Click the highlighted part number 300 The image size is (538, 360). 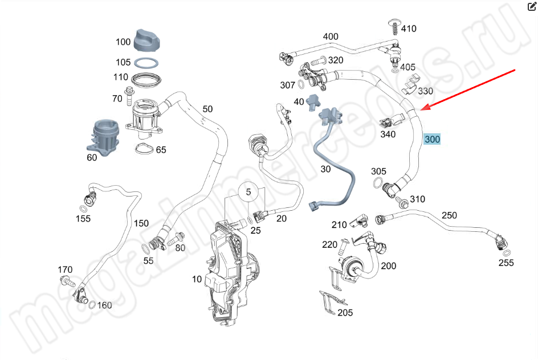point(432,139)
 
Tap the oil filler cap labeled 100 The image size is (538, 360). point(149,39)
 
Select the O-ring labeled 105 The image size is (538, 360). point(148,62)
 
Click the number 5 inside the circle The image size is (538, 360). point(248,193)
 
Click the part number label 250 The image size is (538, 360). point(449,215)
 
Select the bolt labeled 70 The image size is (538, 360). point(129,91)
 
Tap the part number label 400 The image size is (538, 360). point(331,37)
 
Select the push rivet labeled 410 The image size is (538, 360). point(393,26)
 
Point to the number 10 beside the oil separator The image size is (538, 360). point(197,279)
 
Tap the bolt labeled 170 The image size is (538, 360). point(67,280)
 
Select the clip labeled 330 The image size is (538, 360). point(411,85)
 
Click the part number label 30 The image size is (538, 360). point(325,169)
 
